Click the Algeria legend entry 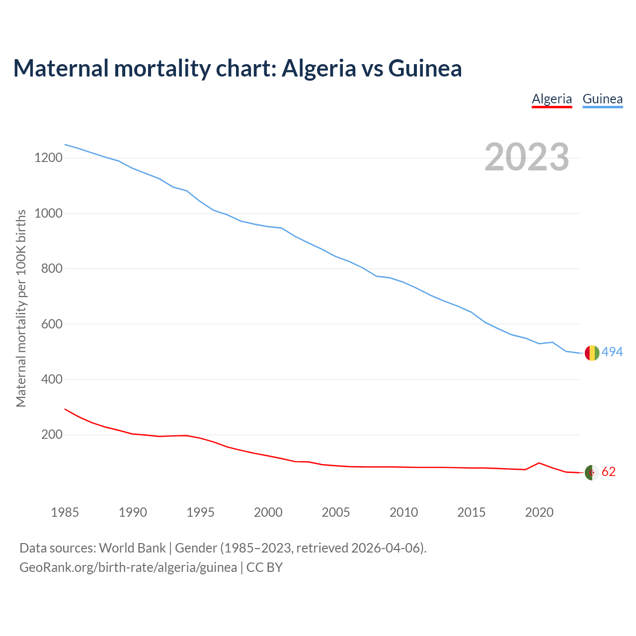tap(552, 99)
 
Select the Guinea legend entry tap(602, 99)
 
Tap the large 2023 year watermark tap(527, 157)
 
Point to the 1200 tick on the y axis tap(48, 158)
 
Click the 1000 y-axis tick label tap(48, 213)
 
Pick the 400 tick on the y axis tap(52, 380)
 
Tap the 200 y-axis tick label tap(52, 435)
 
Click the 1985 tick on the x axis tap(65, 512)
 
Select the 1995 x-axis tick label tap(200, 512)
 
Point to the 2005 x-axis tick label tap(336, 512)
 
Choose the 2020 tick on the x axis tap(539, 512)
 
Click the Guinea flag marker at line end tap(592, 353)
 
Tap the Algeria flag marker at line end tap(592, 473)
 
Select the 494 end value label tap(612, 352)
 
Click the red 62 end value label tap(609, 472)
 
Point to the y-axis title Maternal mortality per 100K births tap(21, 308)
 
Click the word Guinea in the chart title tap(425, 68)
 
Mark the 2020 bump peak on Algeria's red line tap(539, 463)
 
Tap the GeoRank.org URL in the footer tap(128, 567)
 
